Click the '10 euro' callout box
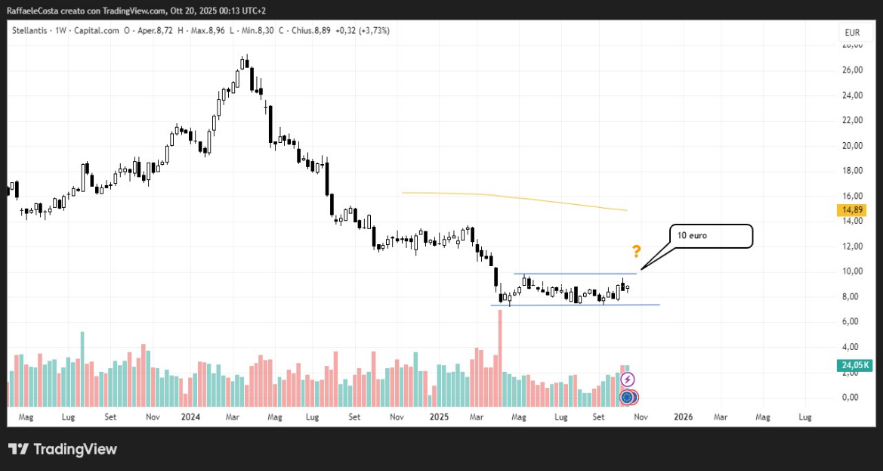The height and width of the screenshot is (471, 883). tap(711, 236)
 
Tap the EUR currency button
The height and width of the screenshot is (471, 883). tap(852, 33)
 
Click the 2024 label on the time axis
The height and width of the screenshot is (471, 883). tap(190, 417)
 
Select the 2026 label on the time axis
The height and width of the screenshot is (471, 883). tap(683, 417)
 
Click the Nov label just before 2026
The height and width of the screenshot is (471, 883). tap(640, 417)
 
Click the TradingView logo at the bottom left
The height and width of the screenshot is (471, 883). tap(63, 449)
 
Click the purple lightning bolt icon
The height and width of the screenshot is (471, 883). tap(627, 380)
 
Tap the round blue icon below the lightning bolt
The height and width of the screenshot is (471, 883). tap(627, 396)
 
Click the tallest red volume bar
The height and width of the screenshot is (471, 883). tap(499, 355)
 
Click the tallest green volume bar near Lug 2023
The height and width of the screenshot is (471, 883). tap(82, 367)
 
